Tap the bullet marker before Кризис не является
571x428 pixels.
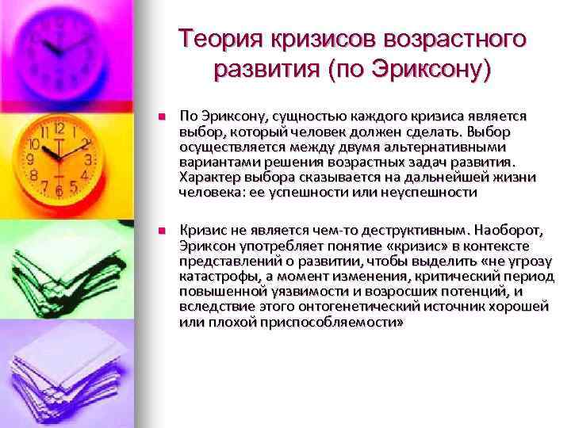point(160,231)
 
